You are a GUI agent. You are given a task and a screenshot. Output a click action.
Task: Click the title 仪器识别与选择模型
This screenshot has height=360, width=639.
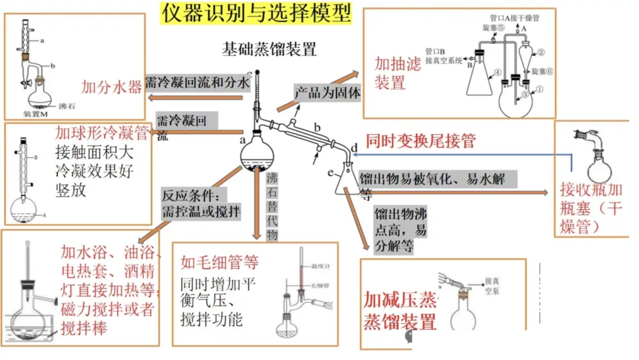click(x=256, y=12)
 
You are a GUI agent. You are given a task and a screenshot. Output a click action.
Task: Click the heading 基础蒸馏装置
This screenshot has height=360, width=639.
click(x=269, y=49)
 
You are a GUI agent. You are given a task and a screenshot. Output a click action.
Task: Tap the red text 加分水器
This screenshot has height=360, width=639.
click(x=112, y=88)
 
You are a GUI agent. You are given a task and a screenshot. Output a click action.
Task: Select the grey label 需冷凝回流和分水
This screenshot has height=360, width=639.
click(x=198, y=82)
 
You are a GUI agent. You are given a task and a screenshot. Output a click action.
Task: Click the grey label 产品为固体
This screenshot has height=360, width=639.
click(x=328, y=93)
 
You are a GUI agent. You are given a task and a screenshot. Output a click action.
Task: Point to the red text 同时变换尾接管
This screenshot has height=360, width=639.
click(x=421, y=140)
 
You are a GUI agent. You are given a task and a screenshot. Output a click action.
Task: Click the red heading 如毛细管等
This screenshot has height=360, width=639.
click(x=220, y=261)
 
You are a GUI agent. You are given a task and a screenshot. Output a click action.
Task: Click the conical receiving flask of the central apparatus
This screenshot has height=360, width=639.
click(x=347, y=181)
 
